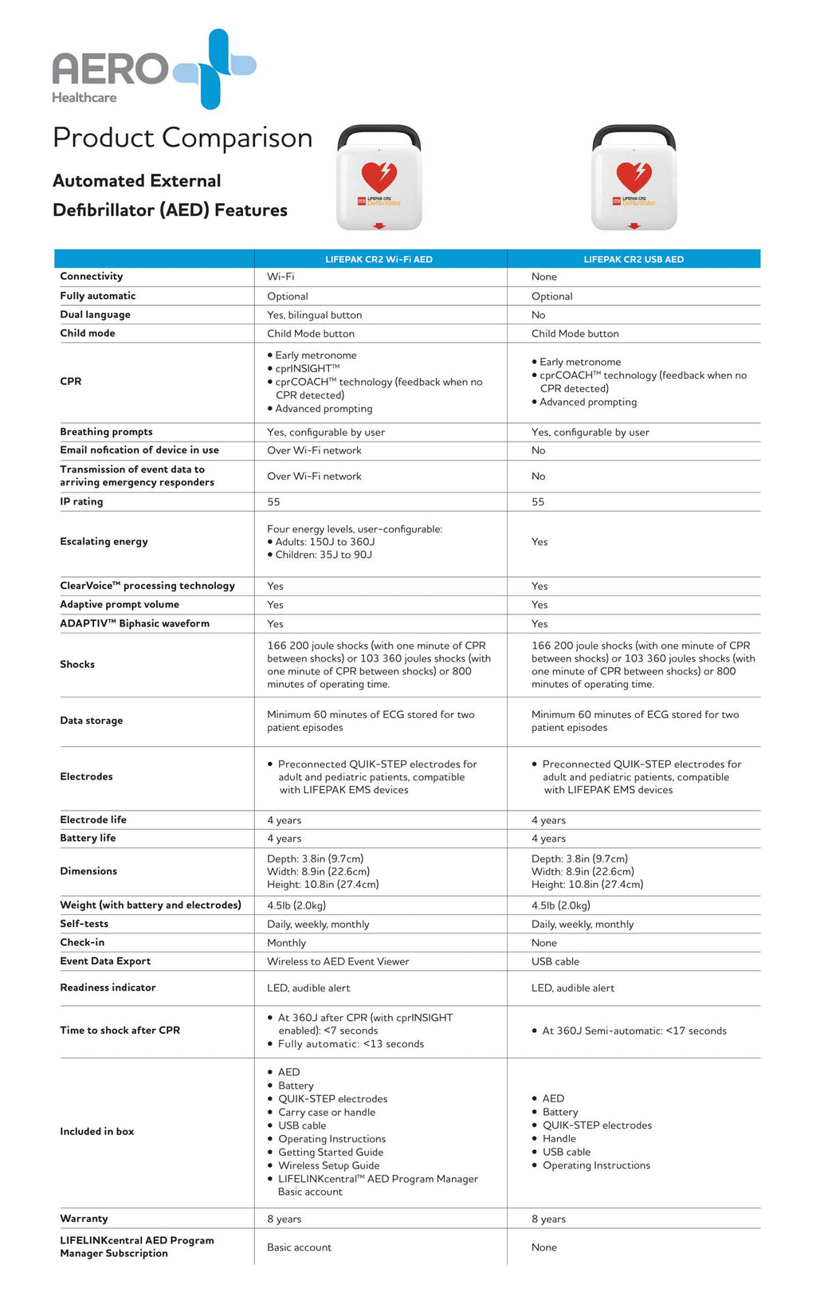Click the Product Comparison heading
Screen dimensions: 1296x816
(x=182, y=138)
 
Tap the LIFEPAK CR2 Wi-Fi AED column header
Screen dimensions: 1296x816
(x=379, y=259)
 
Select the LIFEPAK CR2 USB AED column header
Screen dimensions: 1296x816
(x=634, y=259)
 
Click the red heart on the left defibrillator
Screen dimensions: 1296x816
(x=379, y=176)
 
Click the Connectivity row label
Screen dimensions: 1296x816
(x=92, y=277)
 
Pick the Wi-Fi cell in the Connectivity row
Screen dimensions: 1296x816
(x=280, y=277)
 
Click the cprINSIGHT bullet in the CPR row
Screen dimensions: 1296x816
(x=307, y=369)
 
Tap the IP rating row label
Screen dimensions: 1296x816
(x=81, y=502)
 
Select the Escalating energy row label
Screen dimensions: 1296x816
(x=104, y=542)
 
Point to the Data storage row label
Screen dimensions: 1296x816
(x=92, y=721)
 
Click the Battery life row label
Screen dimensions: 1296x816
(x=88, y=838)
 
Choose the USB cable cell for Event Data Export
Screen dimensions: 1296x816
(x=555, y=962)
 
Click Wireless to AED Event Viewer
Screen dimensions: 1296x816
(x=338, y=962)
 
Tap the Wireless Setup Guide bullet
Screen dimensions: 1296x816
(x=328, y=1165)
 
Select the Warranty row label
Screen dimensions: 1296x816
(x=84, y=1219)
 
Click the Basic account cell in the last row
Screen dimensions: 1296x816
(x=299, y=1247)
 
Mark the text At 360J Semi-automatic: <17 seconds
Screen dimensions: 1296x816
(x=634, y=1031)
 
